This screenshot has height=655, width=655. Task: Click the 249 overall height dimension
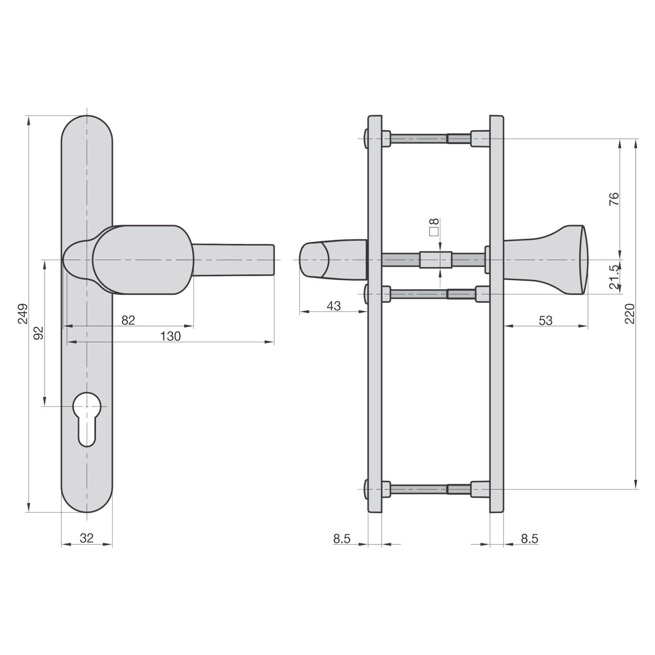coord(23,314)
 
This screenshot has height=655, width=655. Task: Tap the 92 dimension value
coord(39,333)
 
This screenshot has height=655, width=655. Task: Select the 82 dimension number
coord(128,320)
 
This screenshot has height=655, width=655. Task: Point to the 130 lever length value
coord(171,336)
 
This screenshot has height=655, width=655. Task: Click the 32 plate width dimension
coord(87,538)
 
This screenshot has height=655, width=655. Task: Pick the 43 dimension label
coord(334,306)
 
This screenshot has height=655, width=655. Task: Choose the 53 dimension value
coord(546,320)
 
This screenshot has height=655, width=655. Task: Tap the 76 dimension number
coord(614,198)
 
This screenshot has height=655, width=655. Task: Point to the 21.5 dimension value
coord(614,277)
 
